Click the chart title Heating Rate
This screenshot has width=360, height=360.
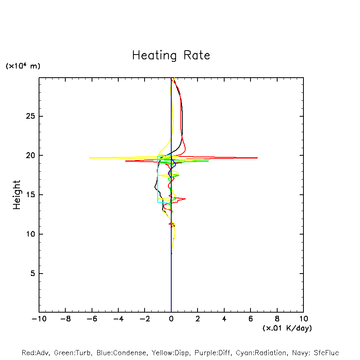(171, 55)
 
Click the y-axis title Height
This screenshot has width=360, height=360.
(17, 195)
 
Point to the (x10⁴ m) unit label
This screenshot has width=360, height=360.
(23, 66)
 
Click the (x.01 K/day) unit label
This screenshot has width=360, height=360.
(287, 328)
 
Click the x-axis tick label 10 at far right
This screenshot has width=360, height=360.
(303, 319)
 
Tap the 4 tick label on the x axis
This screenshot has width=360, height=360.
(224, 319)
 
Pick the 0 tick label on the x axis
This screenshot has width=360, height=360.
(171, 319)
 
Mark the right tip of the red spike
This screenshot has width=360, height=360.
(257, 158)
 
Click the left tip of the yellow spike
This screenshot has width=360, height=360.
(89, 158)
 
